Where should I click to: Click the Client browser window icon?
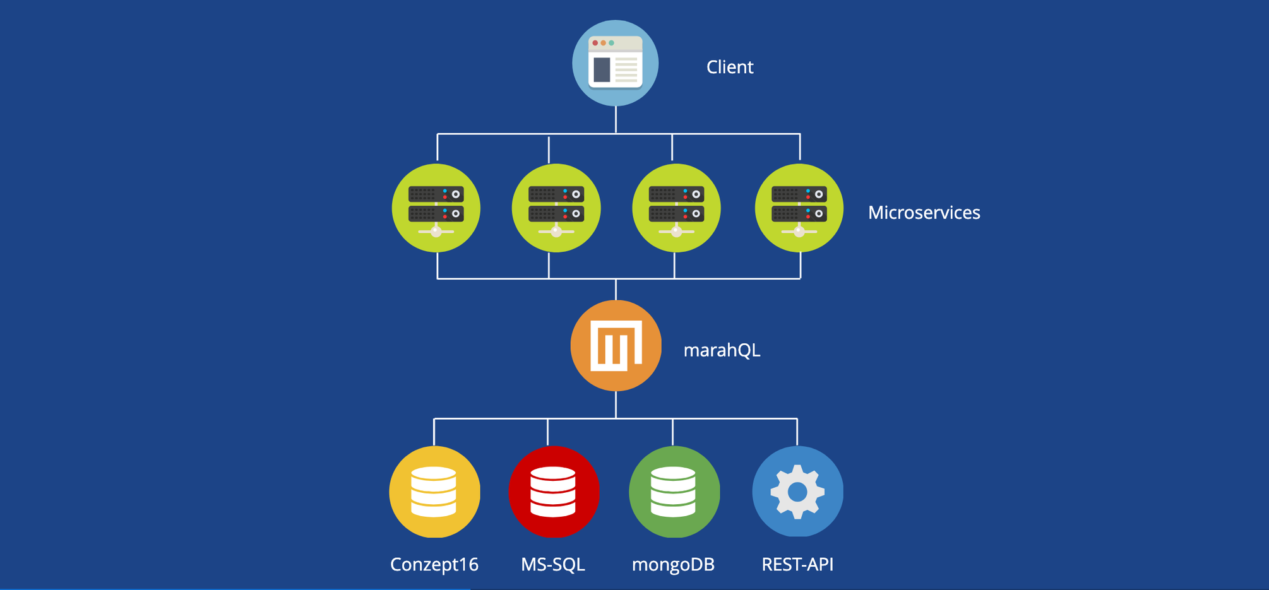click(616, 63)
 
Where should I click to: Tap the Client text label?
click(730, 67)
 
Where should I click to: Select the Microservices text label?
click(924, 213)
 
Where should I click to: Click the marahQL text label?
click(722, 350)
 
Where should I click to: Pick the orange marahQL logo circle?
click(616, 346)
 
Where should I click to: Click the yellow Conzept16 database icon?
click(434, 492)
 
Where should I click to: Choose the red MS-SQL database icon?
click(554, 492)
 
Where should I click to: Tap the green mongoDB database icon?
click(674, 492)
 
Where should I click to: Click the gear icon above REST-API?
click(797, 492)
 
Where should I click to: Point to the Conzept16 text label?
click(434, 564)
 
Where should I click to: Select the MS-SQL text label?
click(553, 564)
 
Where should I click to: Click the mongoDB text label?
click(673, 564)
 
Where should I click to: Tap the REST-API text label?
click(797, 564)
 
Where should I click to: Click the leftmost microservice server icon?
click(436, 208)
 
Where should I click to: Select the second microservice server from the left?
click(556, 208)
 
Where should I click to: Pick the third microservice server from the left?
click(676, 208)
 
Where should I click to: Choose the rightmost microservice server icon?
click(799, 208)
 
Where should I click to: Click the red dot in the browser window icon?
click(595, 43)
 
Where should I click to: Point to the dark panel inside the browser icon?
click(602, 69)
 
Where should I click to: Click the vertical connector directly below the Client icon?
click(616, 120)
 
